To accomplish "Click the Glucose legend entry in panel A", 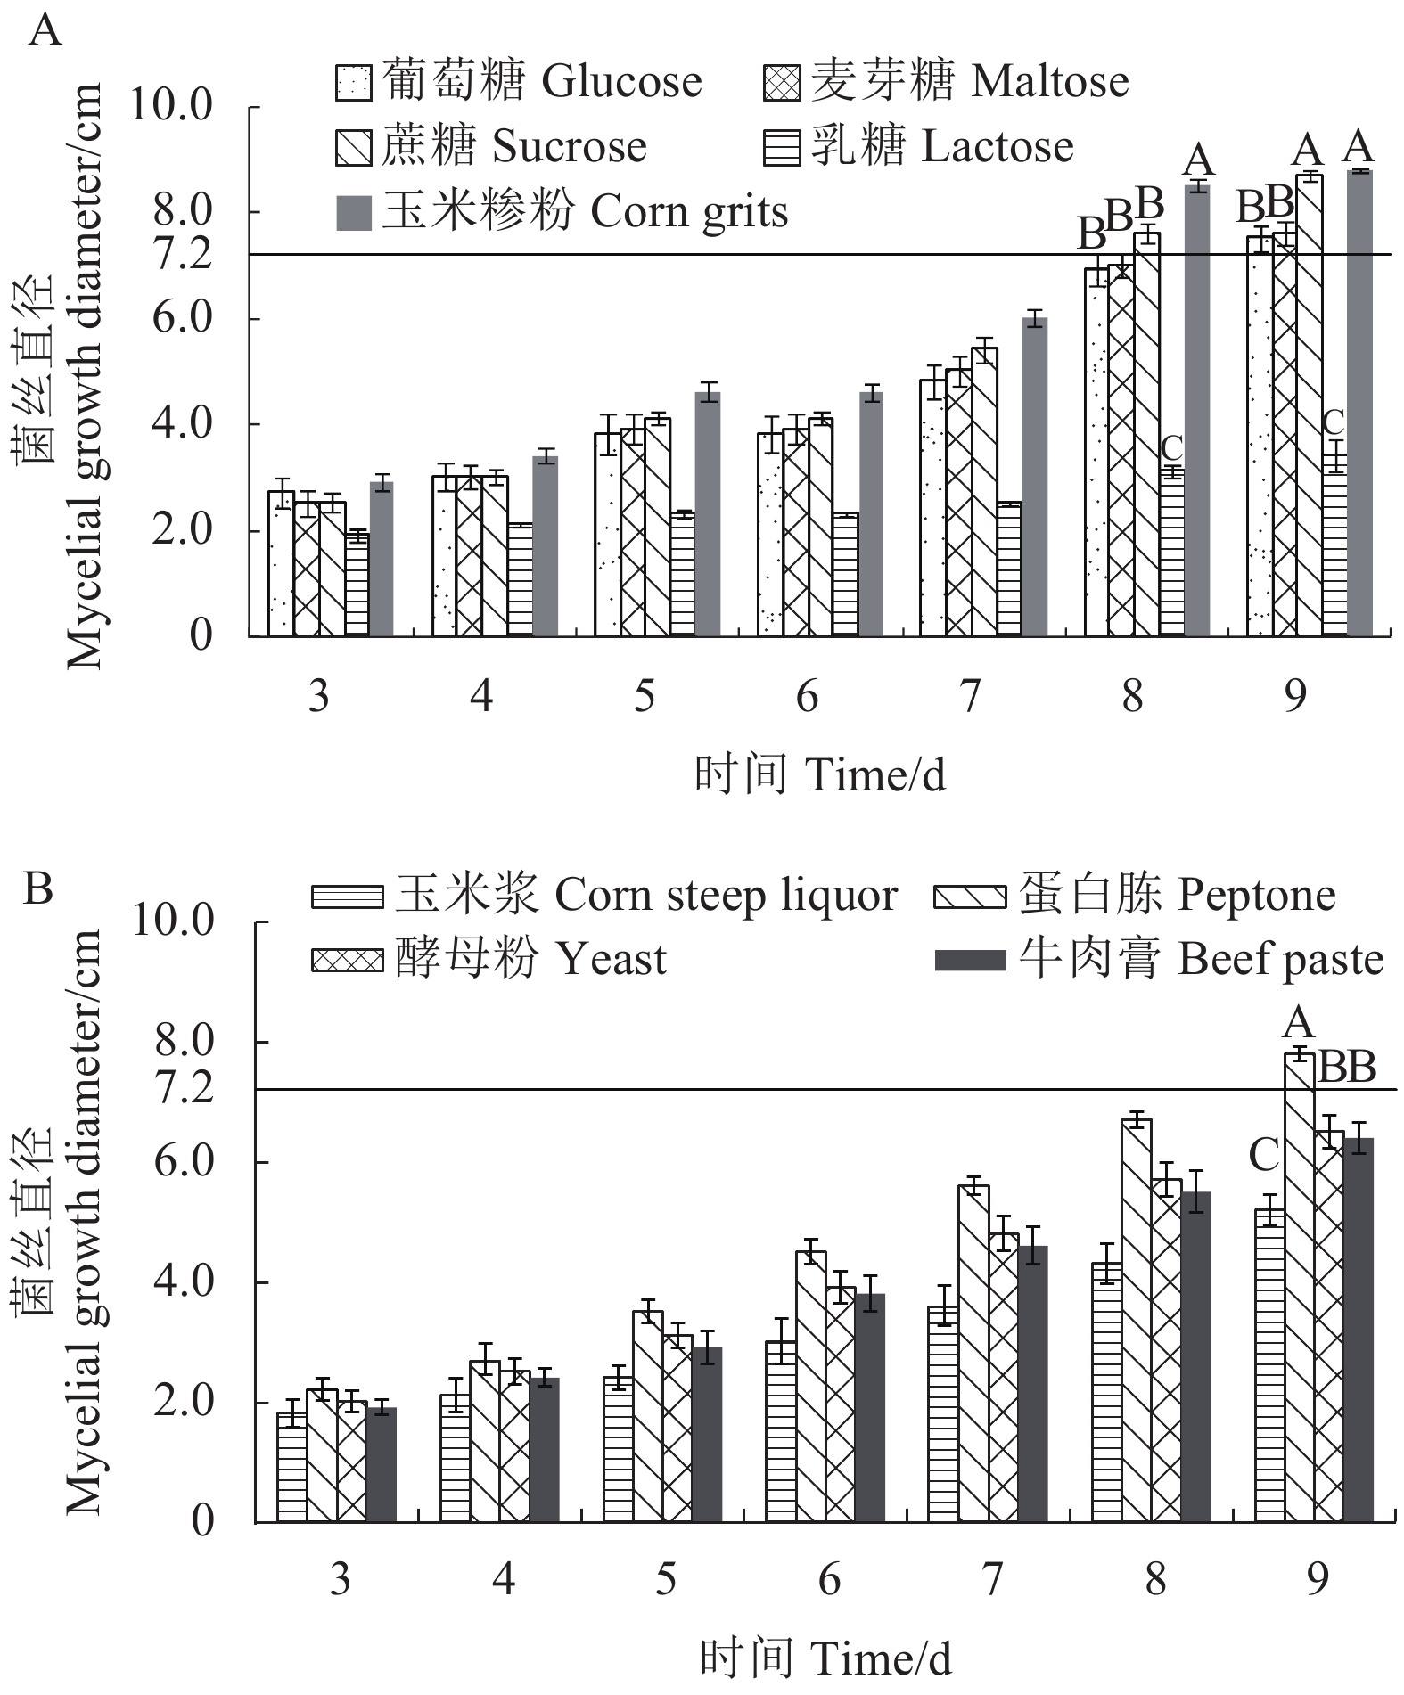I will [519, 82].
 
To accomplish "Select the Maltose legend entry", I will [947, 82].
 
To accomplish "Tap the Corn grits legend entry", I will [562, 213].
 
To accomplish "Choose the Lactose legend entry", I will [919, 147].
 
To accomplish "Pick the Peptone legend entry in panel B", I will [1135, 896].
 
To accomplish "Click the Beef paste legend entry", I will [1159, 960].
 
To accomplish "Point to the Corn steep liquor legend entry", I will [604, 896].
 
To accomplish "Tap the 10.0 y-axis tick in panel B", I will [173, 921].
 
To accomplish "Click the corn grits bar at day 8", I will [1197, 410].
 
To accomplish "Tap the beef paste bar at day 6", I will [869, 1408].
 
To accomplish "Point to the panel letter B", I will [38, 888].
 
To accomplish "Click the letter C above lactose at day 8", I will [1171, 447].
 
